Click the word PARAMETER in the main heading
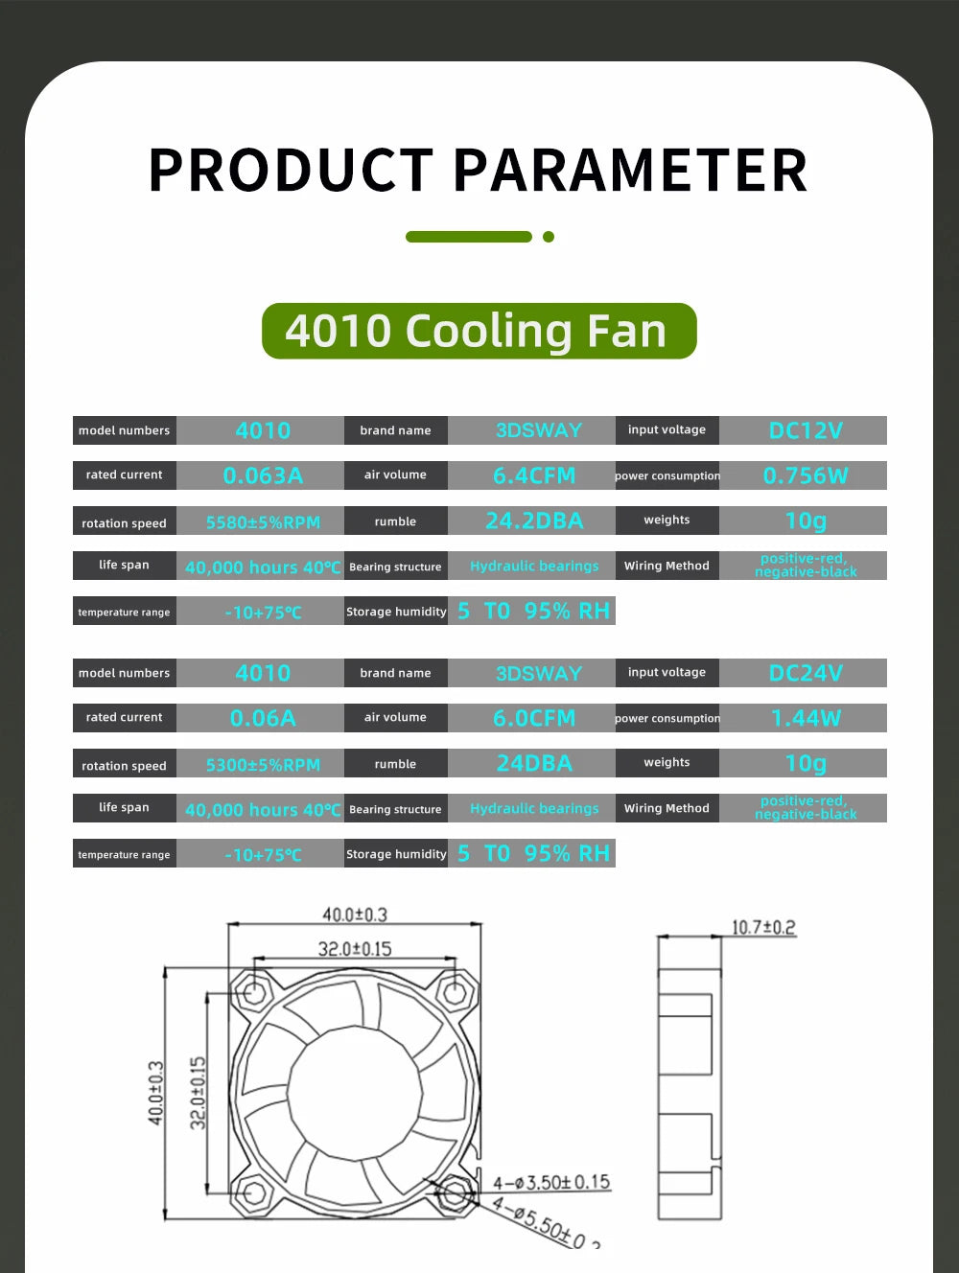(630, 171)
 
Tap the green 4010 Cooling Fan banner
(479, 331)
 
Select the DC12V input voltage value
(805, 430)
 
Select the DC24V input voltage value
(805, 673)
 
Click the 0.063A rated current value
(262, 475)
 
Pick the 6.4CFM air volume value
(533, 475)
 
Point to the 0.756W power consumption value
(805, 475)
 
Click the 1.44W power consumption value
(805, 718)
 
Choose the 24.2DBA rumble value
(533, 521)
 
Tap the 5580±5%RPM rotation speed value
(262, 522)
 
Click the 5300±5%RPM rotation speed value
(262, 765)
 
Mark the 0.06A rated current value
(262, 718)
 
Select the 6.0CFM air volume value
(533, 718)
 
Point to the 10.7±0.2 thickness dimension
(763, 927)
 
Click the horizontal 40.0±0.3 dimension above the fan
(354, 914)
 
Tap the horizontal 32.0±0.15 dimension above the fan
(354, 949)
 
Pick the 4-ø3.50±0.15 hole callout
(551, 1182)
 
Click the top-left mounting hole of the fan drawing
(255, 993)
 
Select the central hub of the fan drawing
(354, 1093)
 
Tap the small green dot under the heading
(549, 237)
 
